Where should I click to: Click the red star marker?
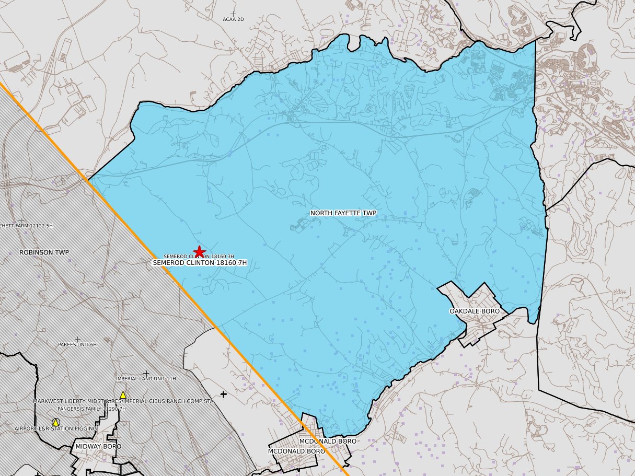point(199,251)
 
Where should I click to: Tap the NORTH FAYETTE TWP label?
point(343,213)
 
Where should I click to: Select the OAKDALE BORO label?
point(474,311)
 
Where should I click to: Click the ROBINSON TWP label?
point(44,252)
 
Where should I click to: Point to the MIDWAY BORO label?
point(98,447)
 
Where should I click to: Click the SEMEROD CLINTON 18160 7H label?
point(199,263)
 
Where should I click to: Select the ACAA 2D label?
point(233,19)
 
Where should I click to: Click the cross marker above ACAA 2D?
point(233,13)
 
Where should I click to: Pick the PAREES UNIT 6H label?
point(77,345)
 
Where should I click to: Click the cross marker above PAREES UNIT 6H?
point(78,340)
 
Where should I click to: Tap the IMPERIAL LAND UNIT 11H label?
point(146,379)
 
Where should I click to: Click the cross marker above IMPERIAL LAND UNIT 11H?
point(146,373)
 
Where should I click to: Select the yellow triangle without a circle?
point(123,395)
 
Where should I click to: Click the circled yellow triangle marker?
point(55,422)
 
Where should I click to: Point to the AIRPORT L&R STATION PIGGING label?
point(55,429)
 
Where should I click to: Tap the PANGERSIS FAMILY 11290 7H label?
point(91,409)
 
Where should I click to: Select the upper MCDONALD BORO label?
point(328,442)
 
